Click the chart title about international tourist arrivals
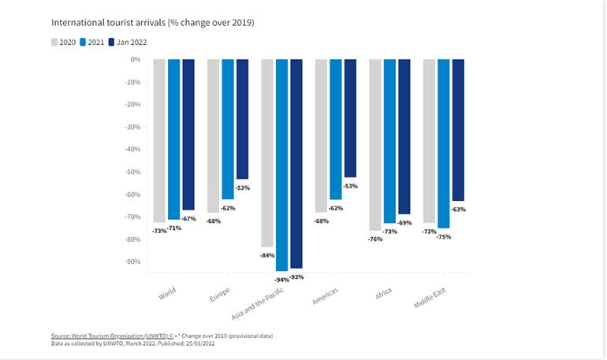click(x=152, y=23)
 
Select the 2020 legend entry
click(x=63, y=42)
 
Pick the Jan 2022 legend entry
click(x=126, y=42)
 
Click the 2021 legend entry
click(x=94, y=42)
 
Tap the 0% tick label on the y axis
click(x=134, y=60)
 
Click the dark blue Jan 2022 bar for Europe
click(x=242, y=119)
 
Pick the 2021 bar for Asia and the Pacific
click(x=281, y=165)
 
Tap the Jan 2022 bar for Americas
click(x=350, y=118)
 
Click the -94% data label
click(x=281, y=279)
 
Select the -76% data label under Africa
click(x=374, y=238)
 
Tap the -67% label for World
click(x=188, y=218)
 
